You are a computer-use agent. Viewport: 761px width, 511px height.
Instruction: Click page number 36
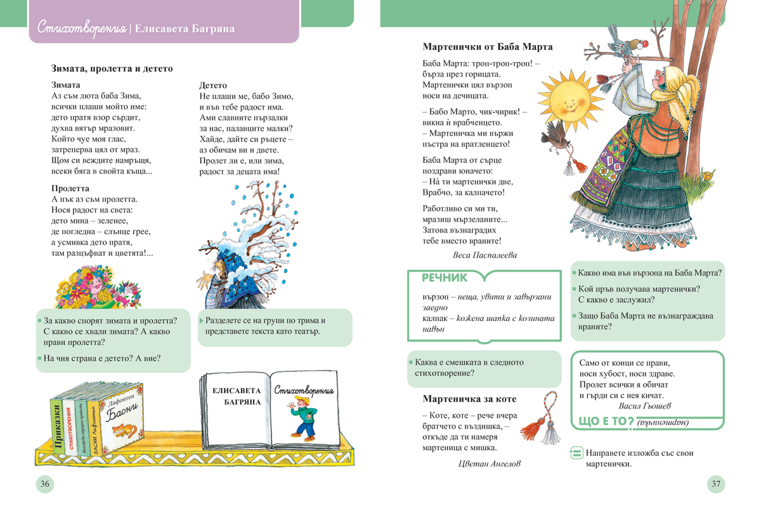tap(45, 484)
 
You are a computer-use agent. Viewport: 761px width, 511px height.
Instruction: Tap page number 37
tap(715, 484)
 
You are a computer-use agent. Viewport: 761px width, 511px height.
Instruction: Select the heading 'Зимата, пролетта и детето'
tap(112, 68)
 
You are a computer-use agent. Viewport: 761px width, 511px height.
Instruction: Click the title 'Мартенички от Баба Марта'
tap(487, 47)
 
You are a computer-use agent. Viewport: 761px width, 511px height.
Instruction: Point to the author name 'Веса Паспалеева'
tap(485, 255)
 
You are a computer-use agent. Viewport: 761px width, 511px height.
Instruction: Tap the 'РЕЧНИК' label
tap(445, 278)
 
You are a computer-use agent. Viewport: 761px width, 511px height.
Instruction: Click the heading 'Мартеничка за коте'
tap(469, 399)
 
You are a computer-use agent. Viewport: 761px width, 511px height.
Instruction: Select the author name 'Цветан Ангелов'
tap(490, 464)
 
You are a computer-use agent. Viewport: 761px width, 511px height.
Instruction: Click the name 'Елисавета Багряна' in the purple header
tap(185, 29)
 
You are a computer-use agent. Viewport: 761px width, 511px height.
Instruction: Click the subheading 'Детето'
tap(213, 85)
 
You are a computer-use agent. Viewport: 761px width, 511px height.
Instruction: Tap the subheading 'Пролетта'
tap(70, 188)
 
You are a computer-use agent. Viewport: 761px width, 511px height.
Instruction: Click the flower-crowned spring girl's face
tap(94, 290)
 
